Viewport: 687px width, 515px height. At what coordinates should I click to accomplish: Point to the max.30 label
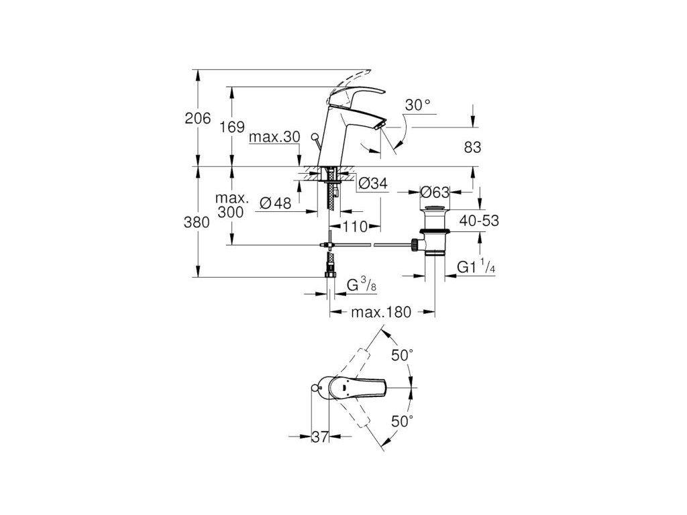point(274,137)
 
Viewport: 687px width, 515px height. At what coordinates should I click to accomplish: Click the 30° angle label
point(417,105)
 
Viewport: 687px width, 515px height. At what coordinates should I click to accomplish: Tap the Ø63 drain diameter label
point(434,192)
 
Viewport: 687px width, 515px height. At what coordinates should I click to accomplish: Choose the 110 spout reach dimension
point(355,227)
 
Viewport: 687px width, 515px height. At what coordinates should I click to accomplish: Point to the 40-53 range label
point(478,219)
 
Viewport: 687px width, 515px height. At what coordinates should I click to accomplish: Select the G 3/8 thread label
point(360,286)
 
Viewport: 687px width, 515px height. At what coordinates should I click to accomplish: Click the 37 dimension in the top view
point(319,437)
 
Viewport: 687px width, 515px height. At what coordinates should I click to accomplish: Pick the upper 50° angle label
point(402,355)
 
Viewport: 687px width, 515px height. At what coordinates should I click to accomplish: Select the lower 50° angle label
point(402,421)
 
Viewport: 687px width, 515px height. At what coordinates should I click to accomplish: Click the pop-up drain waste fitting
point(434,232)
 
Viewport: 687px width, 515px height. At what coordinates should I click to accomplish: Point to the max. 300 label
point(232,205)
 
